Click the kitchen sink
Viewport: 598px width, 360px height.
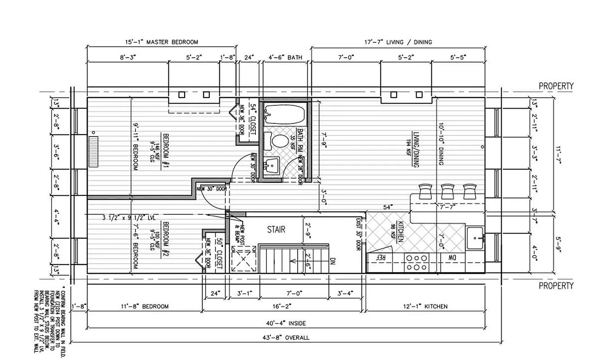pyautogui.click(x=475, y=235)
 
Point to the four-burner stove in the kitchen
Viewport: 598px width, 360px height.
pyautogui.click(x=417, y=262)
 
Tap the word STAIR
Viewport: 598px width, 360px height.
pyautogui.click(x=276, y=229)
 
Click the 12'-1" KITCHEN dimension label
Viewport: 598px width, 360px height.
pyautogui.click(x=426, y=306)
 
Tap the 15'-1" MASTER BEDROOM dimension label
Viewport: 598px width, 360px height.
pyautogui.click(x=161, y=42)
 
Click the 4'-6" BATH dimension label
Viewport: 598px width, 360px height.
pyautogui.click(x=285, y=57)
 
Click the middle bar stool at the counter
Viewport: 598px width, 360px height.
pyautogui.click(x=447, y=191)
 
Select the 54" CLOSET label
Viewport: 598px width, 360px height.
pyautogui.click(x=253, y=119)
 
